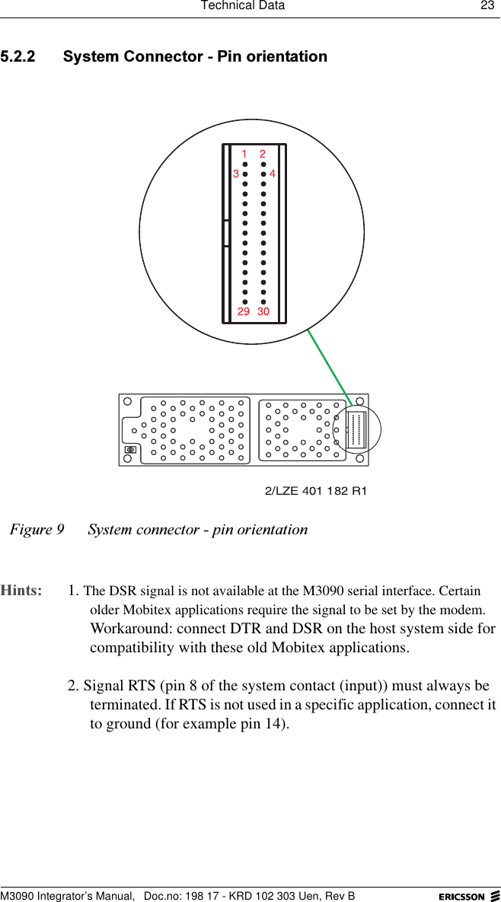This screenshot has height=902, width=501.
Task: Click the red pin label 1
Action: coord(244,154)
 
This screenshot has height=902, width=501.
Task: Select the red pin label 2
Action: coord(263,154)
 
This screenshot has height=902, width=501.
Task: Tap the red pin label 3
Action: coord(236,174)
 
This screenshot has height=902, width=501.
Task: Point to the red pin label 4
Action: coord(272,174)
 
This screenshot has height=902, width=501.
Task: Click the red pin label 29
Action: coord(243,312)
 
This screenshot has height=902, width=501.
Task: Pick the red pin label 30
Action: coord(263,312)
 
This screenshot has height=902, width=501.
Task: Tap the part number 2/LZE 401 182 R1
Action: coord(315,491)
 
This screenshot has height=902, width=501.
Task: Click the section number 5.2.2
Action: coord(23,57)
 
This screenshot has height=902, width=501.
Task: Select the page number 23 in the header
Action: coord(486,6)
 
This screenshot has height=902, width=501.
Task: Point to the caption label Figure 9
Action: coord(37,529)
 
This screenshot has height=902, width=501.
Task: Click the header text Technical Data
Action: coord(242,6)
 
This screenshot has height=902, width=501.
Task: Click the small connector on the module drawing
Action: coord(356,430)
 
